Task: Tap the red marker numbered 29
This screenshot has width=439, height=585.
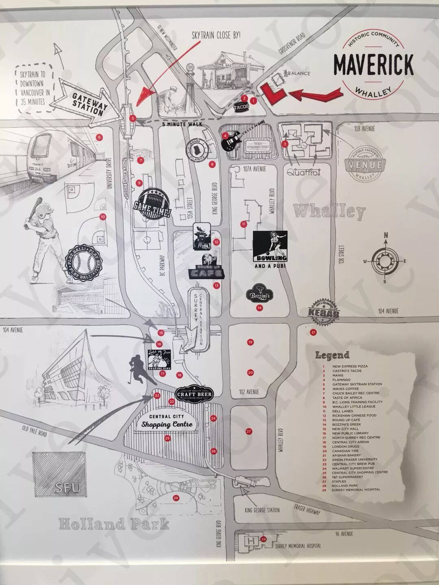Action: coord(264,539)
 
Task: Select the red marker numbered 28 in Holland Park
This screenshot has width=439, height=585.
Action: coord(176,498)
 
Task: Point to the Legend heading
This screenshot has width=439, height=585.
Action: coord(332,355)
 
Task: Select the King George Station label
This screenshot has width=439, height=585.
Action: coord(263,510)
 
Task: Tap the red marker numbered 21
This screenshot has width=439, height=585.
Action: coord(313,332)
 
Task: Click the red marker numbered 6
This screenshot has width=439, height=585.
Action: coord(99,137)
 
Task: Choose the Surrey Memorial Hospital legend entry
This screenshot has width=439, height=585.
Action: coord(356,490)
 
